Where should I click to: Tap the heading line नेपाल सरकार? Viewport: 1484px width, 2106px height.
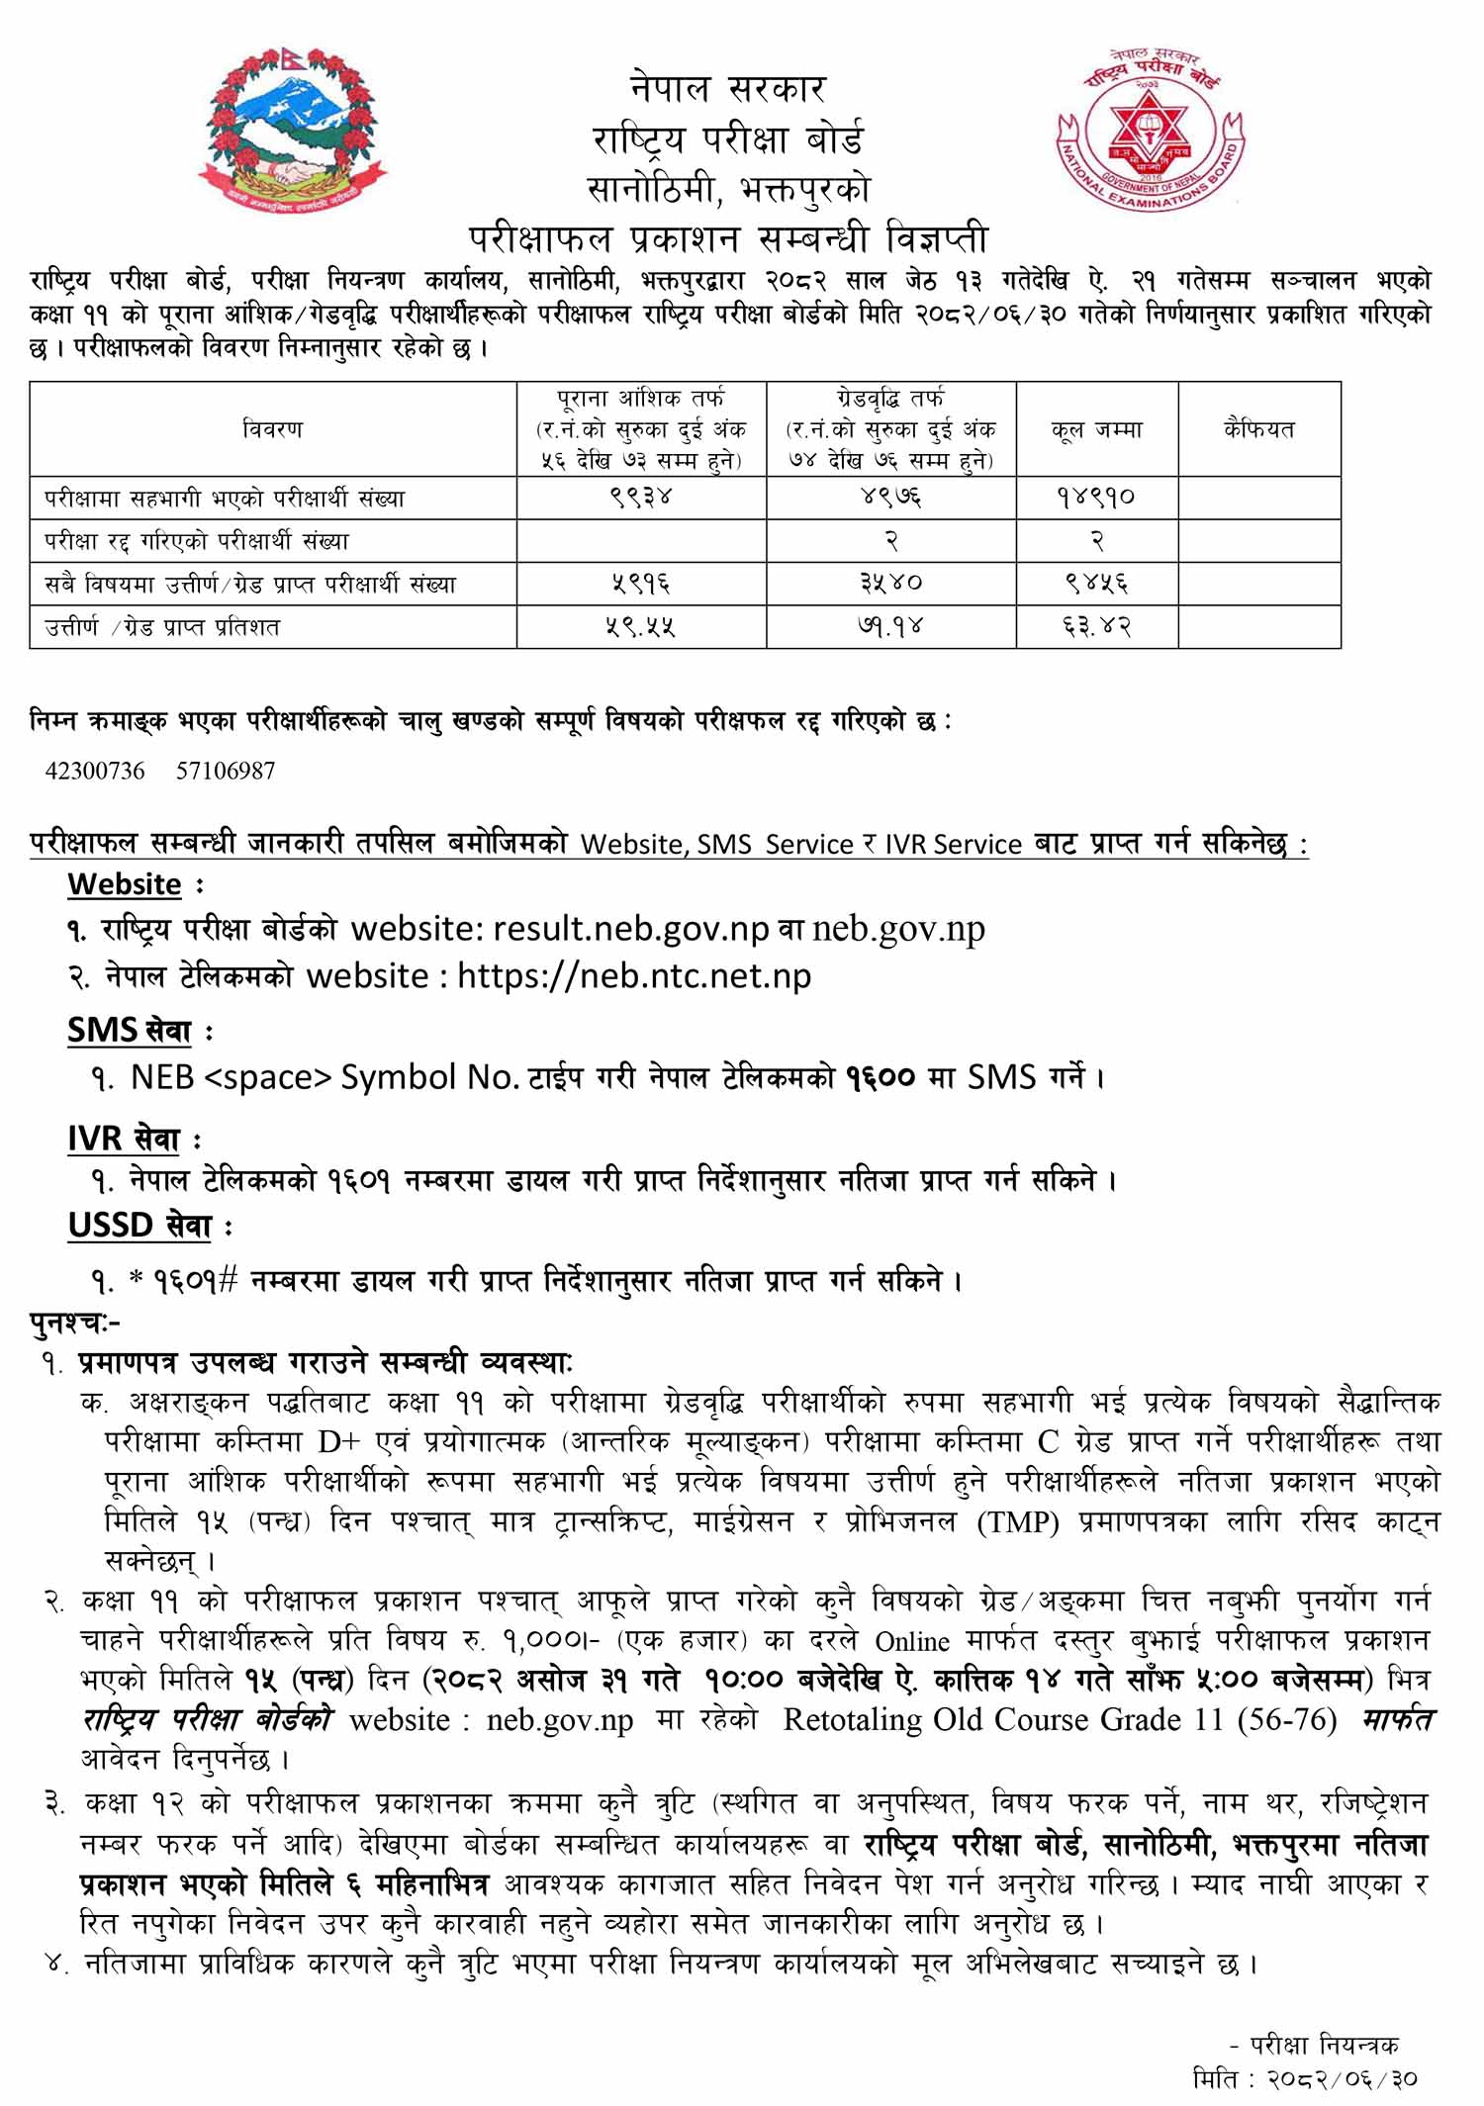coord(727,89)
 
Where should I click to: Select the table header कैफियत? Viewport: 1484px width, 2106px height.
coord(1258,429)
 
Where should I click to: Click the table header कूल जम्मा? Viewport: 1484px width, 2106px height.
coord(1096,429)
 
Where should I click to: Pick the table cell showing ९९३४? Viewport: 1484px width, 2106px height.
coord(641,498)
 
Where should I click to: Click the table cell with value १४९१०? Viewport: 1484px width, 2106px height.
coord(1096,498)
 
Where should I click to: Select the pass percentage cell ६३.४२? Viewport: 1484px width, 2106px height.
coord(1096,627)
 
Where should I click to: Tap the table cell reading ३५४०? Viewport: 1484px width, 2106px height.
coord(890,584)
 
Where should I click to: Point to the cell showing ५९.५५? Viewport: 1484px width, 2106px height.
coord(641,627)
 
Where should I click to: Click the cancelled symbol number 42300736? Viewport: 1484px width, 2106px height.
coord(95,771)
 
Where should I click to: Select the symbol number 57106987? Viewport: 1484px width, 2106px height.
coord(226,771)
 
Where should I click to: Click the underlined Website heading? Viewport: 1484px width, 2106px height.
coord(125,884)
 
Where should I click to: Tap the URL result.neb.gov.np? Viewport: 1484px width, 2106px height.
coord(630,929)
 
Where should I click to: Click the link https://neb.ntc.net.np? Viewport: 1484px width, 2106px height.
coord(634,976)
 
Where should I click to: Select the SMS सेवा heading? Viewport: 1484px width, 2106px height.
coord(130,1031)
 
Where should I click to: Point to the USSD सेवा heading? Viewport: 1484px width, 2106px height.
coord(139,1226)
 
